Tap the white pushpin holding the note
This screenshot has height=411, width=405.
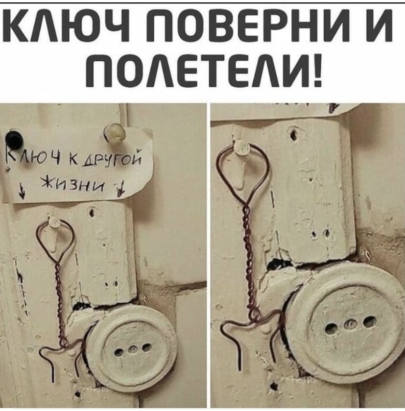pos(115,133)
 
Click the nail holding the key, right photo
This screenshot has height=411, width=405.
pos(241,147)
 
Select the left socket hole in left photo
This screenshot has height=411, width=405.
pos(119,353)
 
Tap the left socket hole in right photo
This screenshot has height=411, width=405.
pos(332,328)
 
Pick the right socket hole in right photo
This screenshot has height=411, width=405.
pos(369,321)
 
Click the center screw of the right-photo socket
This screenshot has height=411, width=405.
pos(350,325)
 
